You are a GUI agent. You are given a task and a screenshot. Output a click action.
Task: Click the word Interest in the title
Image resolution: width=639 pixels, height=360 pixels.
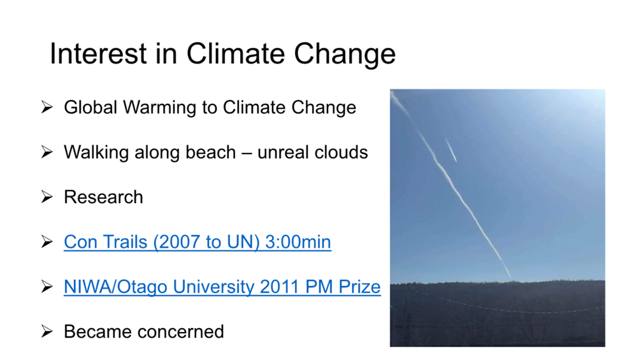point(98,54)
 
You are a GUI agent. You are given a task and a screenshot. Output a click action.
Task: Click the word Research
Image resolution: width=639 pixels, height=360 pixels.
point(103,197)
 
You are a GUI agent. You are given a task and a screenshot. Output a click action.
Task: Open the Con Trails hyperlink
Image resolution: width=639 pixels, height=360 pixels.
point(197,241)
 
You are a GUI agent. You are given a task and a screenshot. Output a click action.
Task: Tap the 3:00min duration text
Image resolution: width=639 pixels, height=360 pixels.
point(298,241)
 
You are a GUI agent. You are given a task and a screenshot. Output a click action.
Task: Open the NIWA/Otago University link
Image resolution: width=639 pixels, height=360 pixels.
point(222,287)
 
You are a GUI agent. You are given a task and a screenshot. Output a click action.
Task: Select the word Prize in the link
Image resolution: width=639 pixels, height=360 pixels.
point(359,287)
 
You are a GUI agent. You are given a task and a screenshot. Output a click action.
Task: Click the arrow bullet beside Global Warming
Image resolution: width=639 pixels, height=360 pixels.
point(47,107)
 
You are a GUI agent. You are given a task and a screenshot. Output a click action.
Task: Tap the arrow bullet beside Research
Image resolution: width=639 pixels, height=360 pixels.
point(47,197)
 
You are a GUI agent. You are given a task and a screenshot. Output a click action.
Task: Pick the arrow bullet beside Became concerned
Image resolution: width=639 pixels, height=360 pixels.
point(47,331)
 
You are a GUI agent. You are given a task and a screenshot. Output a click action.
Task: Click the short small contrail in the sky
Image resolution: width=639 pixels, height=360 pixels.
point(451,150)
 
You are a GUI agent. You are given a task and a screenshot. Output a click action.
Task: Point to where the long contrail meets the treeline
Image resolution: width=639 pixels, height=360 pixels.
point(512,280)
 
